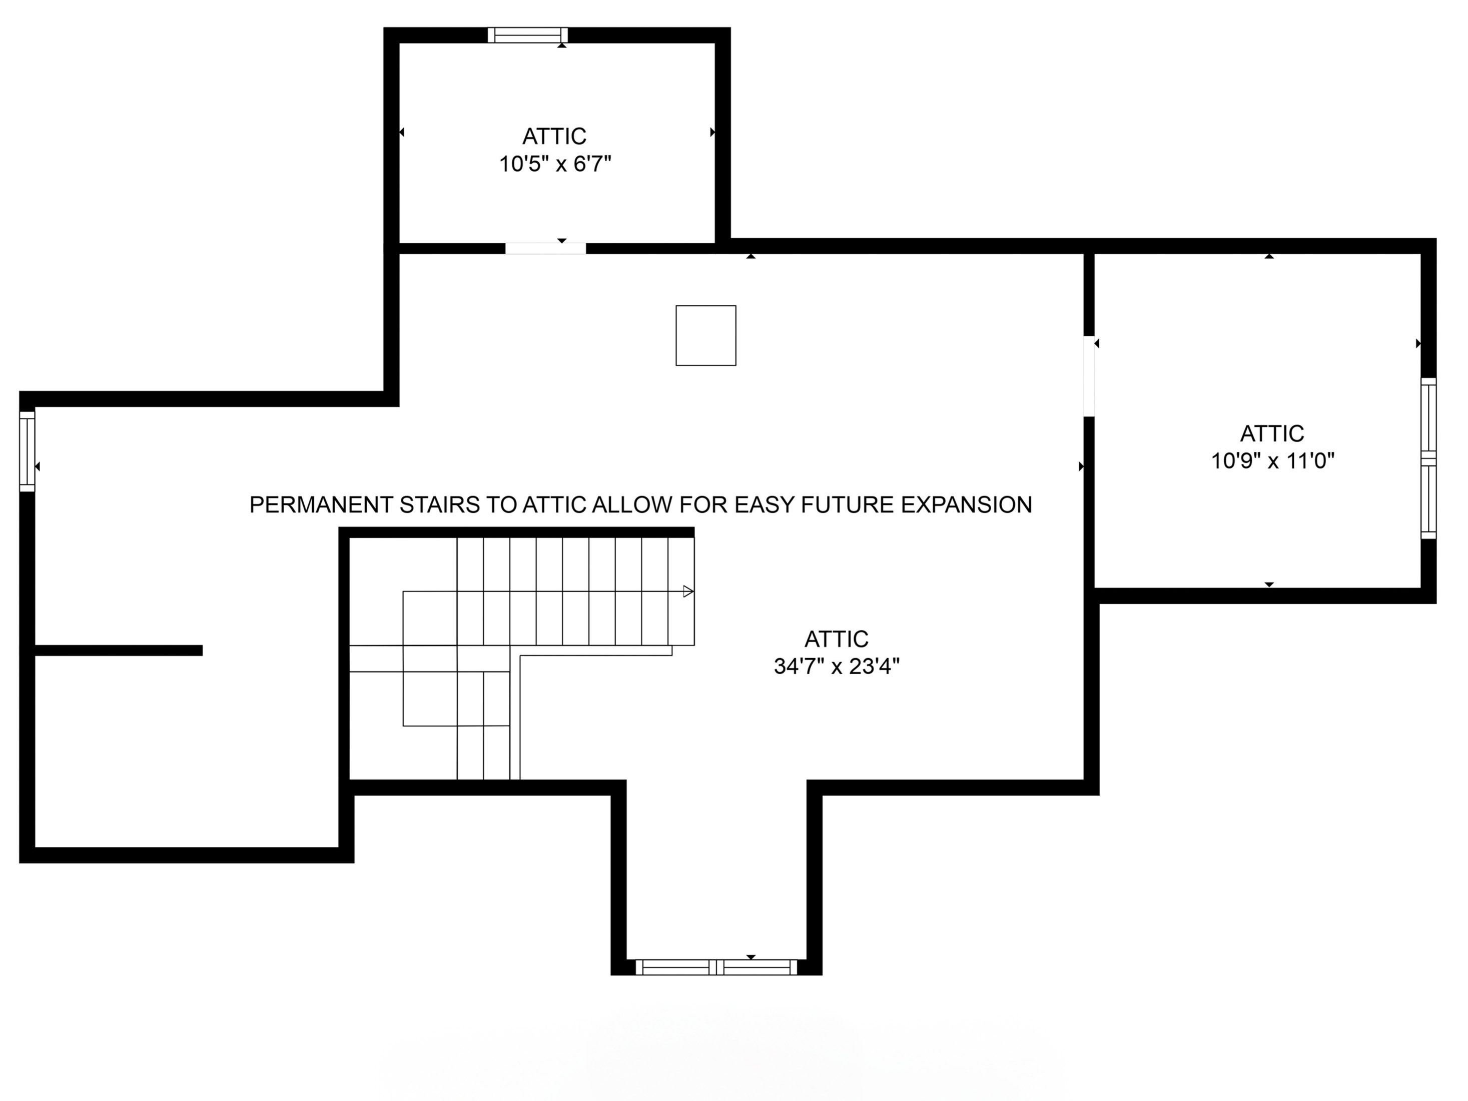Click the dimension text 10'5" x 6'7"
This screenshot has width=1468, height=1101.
pyautogui.click(x=555, y=163)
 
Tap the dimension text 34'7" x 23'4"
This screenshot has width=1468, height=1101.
pyautogui.click(x=836, y=666)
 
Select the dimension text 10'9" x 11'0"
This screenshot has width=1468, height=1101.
pyautogui.click(x=1272, y=460)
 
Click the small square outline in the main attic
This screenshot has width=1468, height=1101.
pyautogui.click(x=705, y=335)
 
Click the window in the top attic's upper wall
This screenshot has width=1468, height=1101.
pyautogui.click(x=527, y=35)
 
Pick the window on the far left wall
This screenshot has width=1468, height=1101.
pyautogui.click(x=27, y=451)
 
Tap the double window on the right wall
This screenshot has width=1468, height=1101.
pyautogui.click(x=1428, y=458)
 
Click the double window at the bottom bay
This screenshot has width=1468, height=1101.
pyautogui.click(x=716, y=967)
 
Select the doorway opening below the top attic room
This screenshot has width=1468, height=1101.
pyautogui.click(x=545, y=249)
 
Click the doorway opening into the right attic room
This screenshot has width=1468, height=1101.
pyautogui.click(x=1088, y=376)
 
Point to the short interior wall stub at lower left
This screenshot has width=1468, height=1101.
pyautogui.click(x=118, y=651)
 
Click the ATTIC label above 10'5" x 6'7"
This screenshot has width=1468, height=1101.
pyautogui.click(x=554, y=136)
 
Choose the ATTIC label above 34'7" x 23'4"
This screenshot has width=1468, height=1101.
pyautogui.click(x=836, y=639)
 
